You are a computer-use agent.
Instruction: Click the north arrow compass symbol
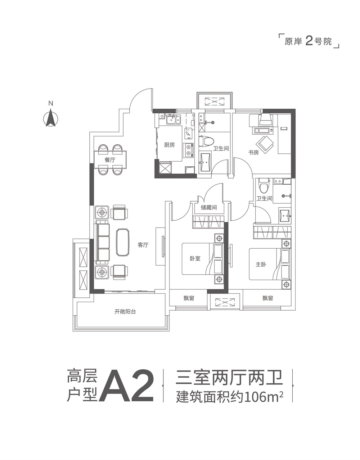pyautogui.click(x=51, y=117)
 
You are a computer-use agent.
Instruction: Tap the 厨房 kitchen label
pyautogui.click(x=169, y=145)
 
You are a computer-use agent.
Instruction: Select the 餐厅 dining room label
pyautogui.click(x=110, y=160)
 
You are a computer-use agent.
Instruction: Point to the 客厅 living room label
pyautogui.click(x=143, y=245)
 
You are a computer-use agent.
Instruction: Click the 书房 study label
pyautogui.click(x=253, y=152)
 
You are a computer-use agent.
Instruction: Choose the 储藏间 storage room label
pyautogui.click(x=209, y=207)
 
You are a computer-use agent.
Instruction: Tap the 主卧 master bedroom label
pyautogui.click(x=261, y=265)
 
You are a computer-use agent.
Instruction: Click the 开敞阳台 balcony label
pyautogui.click(x=125, y=311)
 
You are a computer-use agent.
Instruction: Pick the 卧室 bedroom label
pyautogui.click(x=195, y=258)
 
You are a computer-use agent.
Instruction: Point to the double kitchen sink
pyautogui.click(x=173, y=120)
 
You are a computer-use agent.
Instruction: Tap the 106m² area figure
pyautogui.click(x=263, y=398)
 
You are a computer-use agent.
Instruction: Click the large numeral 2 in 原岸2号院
pyautogui.click(x=309, y=41)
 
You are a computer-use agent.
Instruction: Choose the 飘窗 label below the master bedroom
pyautogui.click(x=268, y=298)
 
